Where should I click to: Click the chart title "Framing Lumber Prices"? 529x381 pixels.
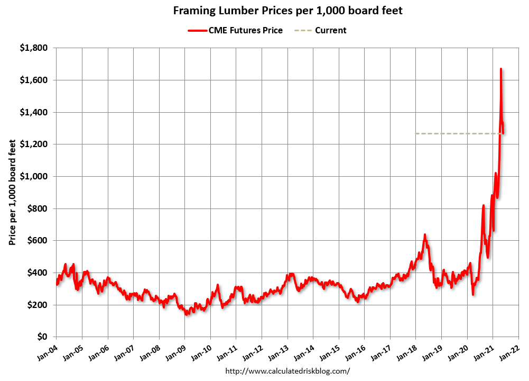[288, 11]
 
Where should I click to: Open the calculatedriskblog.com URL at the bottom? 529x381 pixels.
[287, 371]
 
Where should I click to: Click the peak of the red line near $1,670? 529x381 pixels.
[500, 69]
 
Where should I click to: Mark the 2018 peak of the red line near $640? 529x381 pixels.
[425, 234]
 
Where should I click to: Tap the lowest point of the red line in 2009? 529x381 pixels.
[186, 314]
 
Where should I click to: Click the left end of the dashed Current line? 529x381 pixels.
[416, 134]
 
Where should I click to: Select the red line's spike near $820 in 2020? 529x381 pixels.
[483, 205]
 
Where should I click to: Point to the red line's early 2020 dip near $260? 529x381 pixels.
[473, 294]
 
